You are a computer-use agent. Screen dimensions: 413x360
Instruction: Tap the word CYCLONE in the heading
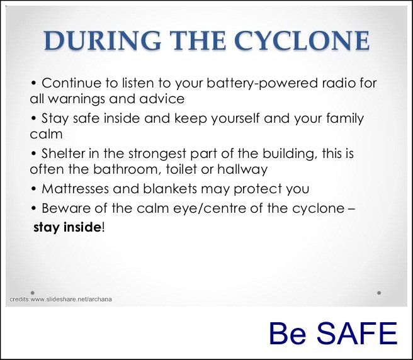(x=302, y=40)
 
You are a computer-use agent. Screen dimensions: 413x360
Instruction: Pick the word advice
(x=162, y=99)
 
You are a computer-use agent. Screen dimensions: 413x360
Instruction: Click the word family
(x=345, y=119)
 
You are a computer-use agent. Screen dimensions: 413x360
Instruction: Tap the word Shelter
(x=63, y=154)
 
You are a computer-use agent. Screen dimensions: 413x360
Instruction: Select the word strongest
(x=157, y=154)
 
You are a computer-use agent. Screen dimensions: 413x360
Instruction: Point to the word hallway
(x=242, y=169)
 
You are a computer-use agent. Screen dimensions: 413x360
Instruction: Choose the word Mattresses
(x=75, y=189)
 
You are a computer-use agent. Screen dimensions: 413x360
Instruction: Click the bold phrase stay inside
(x=67, y=227)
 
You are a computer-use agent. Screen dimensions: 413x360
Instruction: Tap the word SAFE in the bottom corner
(x=356, y=334)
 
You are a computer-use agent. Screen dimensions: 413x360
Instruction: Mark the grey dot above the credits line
(x=33, y=293)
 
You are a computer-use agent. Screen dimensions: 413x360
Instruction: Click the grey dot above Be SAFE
(x=379, y=293)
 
